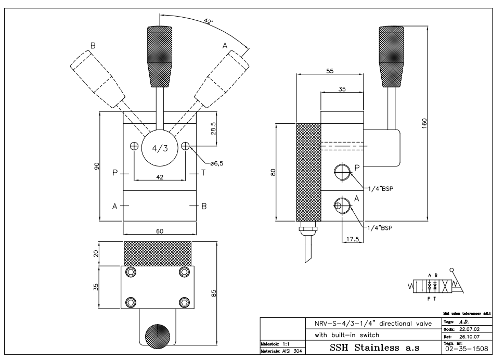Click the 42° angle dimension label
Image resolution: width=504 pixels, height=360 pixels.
208,22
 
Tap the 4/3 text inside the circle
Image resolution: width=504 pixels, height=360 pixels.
160,148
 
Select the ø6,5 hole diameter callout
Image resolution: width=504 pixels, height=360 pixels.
217,163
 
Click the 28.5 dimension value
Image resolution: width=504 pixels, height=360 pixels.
213,128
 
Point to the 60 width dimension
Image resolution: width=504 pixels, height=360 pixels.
160,231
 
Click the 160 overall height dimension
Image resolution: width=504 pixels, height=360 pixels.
424,124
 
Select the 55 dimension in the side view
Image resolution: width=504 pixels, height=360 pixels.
330,71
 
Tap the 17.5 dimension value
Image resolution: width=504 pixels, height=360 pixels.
353,239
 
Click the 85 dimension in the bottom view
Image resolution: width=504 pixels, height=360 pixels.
214,293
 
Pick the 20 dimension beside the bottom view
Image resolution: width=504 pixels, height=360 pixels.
96,253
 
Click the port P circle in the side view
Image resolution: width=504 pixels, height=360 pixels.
342,172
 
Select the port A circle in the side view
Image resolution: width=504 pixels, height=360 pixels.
342,205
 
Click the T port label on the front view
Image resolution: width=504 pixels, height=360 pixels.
203,173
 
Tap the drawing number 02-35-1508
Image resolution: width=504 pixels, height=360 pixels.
467,349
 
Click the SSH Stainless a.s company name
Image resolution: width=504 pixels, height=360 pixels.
374,348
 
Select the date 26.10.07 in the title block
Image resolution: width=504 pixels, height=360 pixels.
469,337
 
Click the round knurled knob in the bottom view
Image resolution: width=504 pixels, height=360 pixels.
158,336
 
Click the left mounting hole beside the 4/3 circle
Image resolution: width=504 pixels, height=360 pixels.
134,146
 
